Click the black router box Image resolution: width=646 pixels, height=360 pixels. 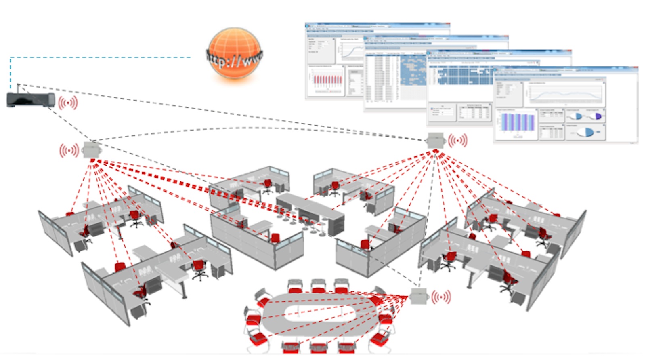(30, 99)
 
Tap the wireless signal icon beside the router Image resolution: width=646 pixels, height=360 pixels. (68, 103)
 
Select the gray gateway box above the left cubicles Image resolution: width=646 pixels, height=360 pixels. (91, 150)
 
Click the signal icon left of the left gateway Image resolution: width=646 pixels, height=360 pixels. (69, 150)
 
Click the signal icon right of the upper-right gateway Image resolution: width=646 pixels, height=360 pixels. (458, 141)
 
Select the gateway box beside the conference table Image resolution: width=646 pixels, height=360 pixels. (419, 297)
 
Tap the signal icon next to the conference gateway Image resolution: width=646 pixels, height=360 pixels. (441, 297)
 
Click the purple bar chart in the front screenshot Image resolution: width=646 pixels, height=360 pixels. (517, 122)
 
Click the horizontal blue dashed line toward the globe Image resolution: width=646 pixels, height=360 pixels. (101, 57)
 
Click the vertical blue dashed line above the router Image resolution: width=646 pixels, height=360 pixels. (10, 73)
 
